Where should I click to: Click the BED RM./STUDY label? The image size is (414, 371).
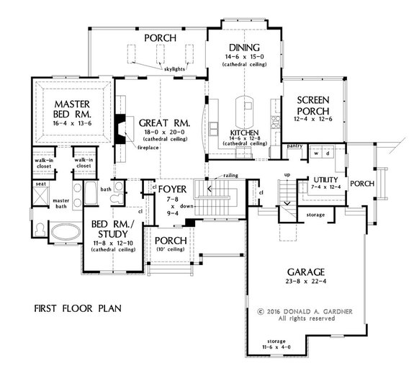(x=112, y=230)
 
